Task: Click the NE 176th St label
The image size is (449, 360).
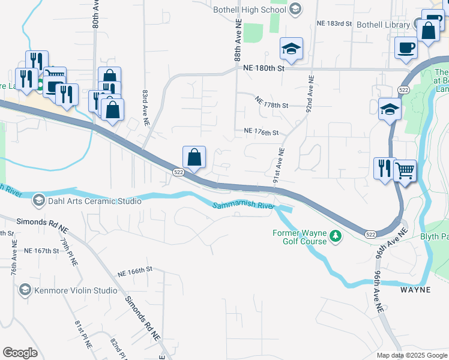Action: (x=262, y=131)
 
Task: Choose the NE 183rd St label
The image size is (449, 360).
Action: (x=334, y=23)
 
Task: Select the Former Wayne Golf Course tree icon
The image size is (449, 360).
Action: (x=336, y=237)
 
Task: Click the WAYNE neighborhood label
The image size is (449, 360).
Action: (x=415, y=290)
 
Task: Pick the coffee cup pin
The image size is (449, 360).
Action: (x=406, y=47)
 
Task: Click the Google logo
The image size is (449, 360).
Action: (x=20, y=353)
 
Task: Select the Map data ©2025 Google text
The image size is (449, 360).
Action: (x=411, y=355)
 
